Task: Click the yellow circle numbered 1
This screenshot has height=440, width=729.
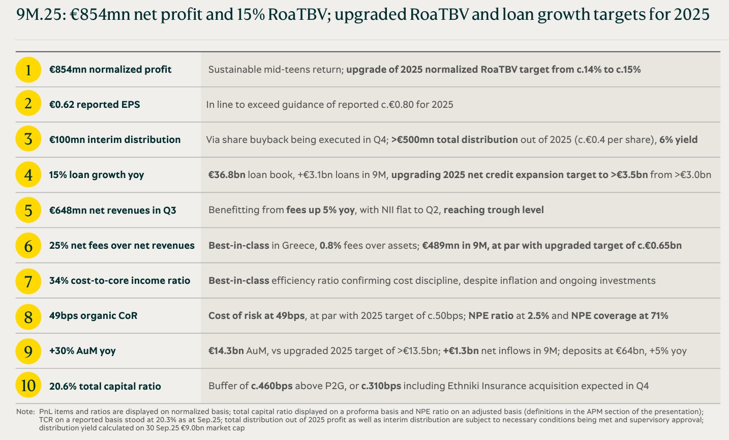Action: point(28,70)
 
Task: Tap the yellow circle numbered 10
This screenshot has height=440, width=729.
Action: point(28,386)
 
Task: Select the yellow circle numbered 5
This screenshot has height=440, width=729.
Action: point(28,210)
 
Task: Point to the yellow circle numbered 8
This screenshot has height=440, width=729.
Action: point(28,316)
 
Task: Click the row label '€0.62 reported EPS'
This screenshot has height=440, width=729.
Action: point(95,105)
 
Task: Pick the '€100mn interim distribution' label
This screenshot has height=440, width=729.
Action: point(115,140)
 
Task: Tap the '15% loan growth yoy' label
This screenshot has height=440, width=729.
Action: point(97,175)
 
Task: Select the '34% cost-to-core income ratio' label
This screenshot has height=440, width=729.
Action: point(119,281)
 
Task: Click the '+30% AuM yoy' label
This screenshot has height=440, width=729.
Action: point(82,351)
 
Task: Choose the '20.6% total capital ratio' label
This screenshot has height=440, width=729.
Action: point(105,387)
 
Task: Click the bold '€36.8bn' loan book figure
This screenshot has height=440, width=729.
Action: point(227,175)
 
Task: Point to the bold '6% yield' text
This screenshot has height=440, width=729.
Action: point(678,140)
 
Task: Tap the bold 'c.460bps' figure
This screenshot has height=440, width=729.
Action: point(272,386)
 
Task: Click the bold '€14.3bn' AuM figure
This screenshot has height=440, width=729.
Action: point(226,351)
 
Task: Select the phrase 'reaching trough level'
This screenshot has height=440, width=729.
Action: point(494,210)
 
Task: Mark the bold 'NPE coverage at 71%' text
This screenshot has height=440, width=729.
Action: point(619,316)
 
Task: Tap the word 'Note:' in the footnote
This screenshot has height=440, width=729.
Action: point(25,411)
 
